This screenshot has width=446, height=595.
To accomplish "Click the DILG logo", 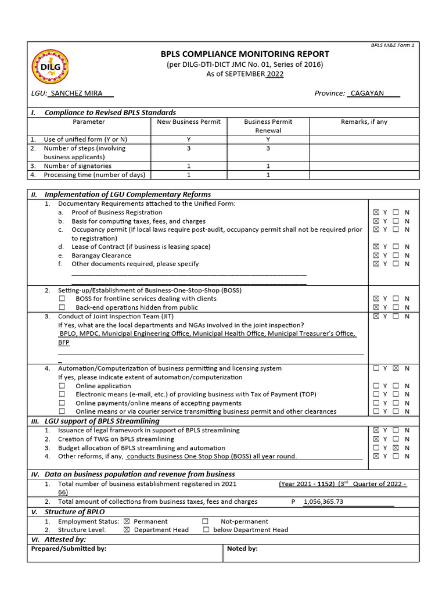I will (x=51, y=67).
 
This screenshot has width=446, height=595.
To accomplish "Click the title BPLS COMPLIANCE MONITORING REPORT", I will (x=244, y=54).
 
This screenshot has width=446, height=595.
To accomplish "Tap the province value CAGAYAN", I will (x=367, y=94).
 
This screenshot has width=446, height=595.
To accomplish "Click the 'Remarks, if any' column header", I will (x=364, y=122).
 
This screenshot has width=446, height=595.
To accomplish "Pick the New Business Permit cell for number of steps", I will (x=189, y=149).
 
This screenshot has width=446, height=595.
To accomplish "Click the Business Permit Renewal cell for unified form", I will (x=268, y=139).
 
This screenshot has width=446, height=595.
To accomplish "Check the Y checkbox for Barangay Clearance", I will (x=376, y=256).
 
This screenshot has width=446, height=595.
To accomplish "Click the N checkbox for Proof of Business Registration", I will (x=395, y=213).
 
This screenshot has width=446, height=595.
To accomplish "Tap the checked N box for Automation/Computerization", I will (x=395, y=368).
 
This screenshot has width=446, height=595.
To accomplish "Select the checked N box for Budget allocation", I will (x=395, y=448).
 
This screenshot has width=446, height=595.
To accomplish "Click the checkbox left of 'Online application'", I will (x=62, y=386).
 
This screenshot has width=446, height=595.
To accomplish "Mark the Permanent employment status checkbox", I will (x=127, y=522).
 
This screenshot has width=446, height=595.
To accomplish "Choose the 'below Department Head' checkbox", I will (x=206, y=530).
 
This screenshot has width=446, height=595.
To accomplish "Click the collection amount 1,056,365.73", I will (x=323, y=502).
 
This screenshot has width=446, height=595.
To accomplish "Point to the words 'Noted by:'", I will (x=242, y=549).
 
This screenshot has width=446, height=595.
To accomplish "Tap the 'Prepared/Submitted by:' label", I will (x=69, y=549).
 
